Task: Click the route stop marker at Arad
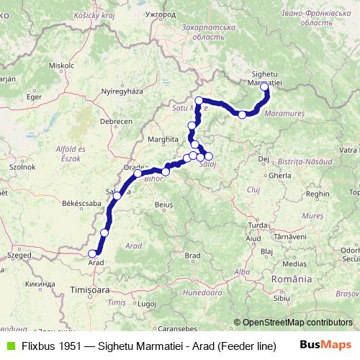click(x=91, y=253)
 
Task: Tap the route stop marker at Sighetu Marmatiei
click(x=264, y=87)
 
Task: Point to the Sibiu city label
click(x=280, y=297)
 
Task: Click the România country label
click(x=292, y=278)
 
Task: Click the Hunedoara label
click(x=203, y=293)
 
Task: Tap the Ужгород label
click(x=160, y=14)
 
